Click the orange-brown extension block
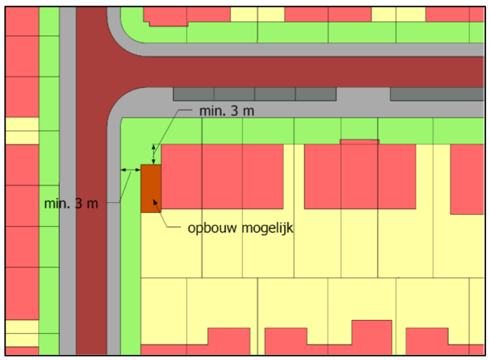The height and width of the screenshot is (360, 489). coord(151,187)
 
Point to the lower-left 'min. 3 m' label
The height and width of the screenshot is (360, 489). coord(70,204)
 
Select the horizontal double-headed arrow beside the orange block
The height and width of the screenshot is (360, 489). coord(130,170)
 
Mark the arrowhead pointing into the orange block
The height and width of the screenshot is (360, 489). coord(158,206)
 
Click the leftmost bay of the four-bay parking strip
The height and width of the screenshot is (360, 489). coord(193,93)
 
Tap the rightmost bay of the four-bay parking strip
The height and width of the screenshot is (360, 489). coord(315,93)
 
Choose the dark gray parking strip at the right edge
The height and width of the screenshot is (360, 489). coord(437,93)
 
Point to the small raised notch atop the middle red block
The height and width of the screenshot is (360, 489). coord(359,142)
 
